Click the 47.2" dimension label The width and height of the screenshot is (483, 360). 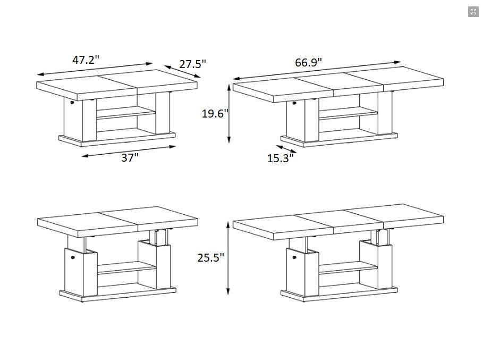[86, 60]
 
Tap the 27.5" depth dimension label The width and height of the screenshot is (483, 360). [192, 64]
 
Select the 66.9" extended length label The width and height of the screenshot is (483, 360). [308, 62]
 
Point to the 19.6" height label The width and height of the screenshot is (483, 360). [215, 113]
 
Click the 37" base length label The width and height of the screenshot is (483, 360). [130, 157]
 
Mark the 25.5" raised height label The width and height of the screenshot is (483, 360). [211, 257]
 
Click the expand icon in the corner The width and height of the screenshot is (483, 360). [473, 12]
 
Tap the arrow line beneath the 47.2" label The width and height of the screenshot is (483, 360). [95, 69]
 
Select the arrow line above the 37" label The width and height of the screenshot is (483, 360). [129, 152]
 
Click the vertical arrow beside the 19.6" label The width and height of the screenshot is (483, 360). [229, 114]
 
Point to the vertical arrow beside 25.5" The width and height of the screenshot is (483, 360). [228, 258]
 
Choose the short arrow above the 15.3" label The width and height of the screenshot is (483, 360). [286, 149]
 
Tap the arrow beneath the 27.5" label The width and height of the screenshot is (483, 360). [182, 71]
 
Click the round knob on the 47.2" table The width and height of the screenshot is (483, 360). [72, 102]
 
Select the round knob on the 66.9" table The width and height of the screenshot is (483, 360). [294, 103]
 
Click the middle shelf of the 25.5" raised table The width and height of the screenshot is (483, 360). [348, 267]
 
